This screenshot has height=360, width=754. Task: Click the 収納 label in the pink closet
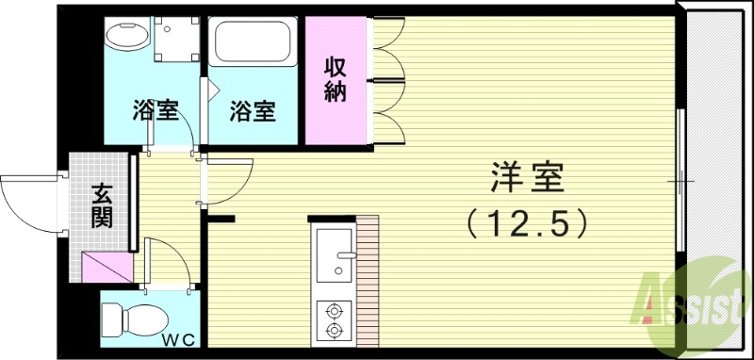(x=336, y=79)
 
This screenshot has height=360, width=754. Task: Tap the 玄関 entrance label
(x=102, y=206)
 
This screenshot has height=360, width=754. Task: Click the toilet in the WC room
(x=136, y=319)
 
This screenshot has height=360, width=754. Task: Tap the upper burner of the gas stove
(x=332, y=308)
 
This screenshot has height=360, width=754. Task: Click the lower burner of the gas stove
(x=332, y=329)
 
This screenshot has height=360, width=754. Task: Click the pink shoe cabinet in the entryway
(x=104, y=268)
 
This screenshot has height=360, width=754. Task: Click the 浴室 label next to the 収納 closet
(x=254, y=111)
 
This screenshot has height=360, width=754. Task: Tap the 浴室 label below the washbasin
(x=155, y=111)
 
